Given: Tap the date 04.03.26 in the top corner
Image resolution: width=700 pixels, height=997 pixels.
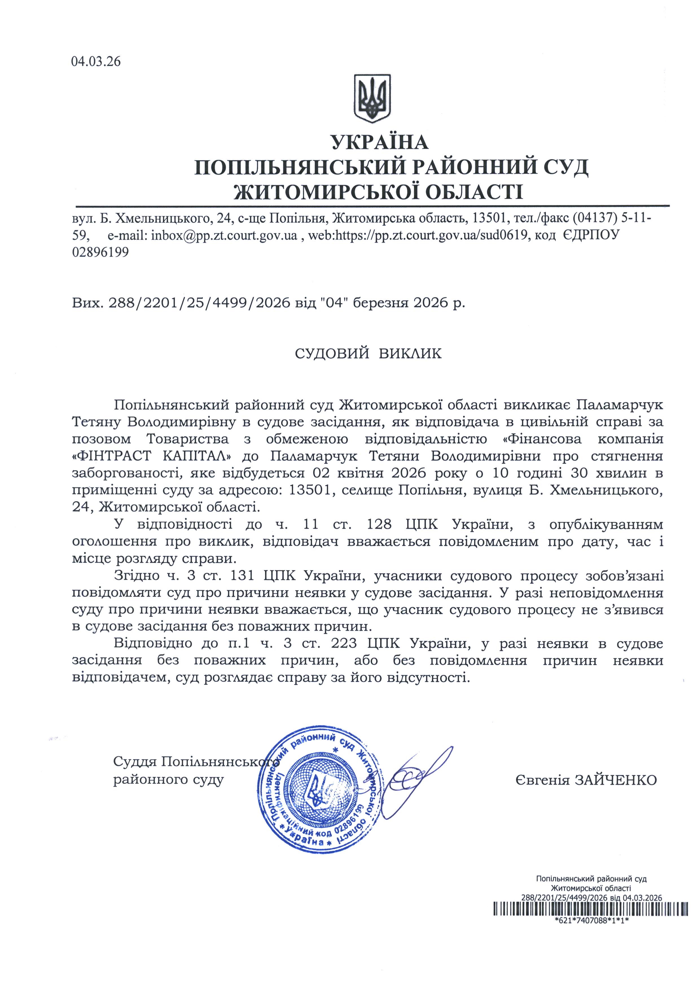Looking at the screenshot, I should [96, 62].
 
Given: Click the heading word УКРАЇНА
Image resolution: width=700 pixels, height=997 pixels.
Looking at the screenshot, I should [379, 142].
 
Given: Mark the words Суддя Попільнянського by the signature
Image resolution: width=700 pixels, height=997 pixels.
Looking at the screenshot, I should [195, 761].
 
